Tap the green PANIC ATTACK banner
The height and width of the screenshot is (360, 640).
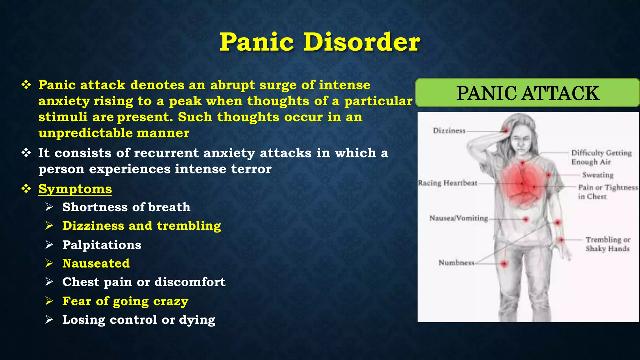click(x=527, y=93)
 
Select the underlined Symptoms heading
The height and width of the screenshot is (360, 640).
click(x=75, y=189)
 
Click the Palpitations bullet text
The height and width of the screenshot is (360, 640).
click(x=102, y=245)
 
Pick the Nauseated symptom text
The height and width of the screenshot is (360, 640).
click(x=96, y=263)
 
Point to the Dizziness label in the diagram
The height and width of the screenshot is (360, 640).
click(x=449, y=131)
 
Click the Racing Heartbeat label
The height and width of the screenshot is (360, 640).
click(x=447, y=183)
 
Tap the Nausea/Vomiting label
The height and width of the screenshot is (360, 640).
click(x=458, y=218)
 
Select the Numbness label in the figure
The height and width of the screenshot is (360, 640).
click(x=456, y=262)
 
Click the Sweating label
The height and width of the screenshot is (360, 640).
click(x=597, y=175)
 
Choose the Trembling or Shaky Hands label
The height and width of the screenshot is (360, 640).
click(x=607, y=244)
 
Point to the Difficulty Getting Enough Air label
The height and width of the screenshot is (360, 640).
click(x=601, y=157)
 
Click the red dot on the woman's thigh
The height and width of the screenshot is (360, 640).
click(x=504, y=264)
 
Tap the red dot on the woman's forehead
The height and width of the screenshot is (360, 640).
click(x=506, y=130)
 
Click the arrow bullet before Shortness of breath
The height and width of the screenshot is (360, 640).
click(x=49, y=207)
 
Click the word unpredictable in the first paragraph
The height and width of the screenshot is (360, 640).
click(x=85, y=133)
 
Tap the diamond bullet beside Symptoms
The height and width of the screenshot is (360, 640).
click(x=26, y=189)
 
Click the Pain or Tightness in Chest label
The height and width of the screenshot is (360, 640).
click(x=607, y=192)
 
